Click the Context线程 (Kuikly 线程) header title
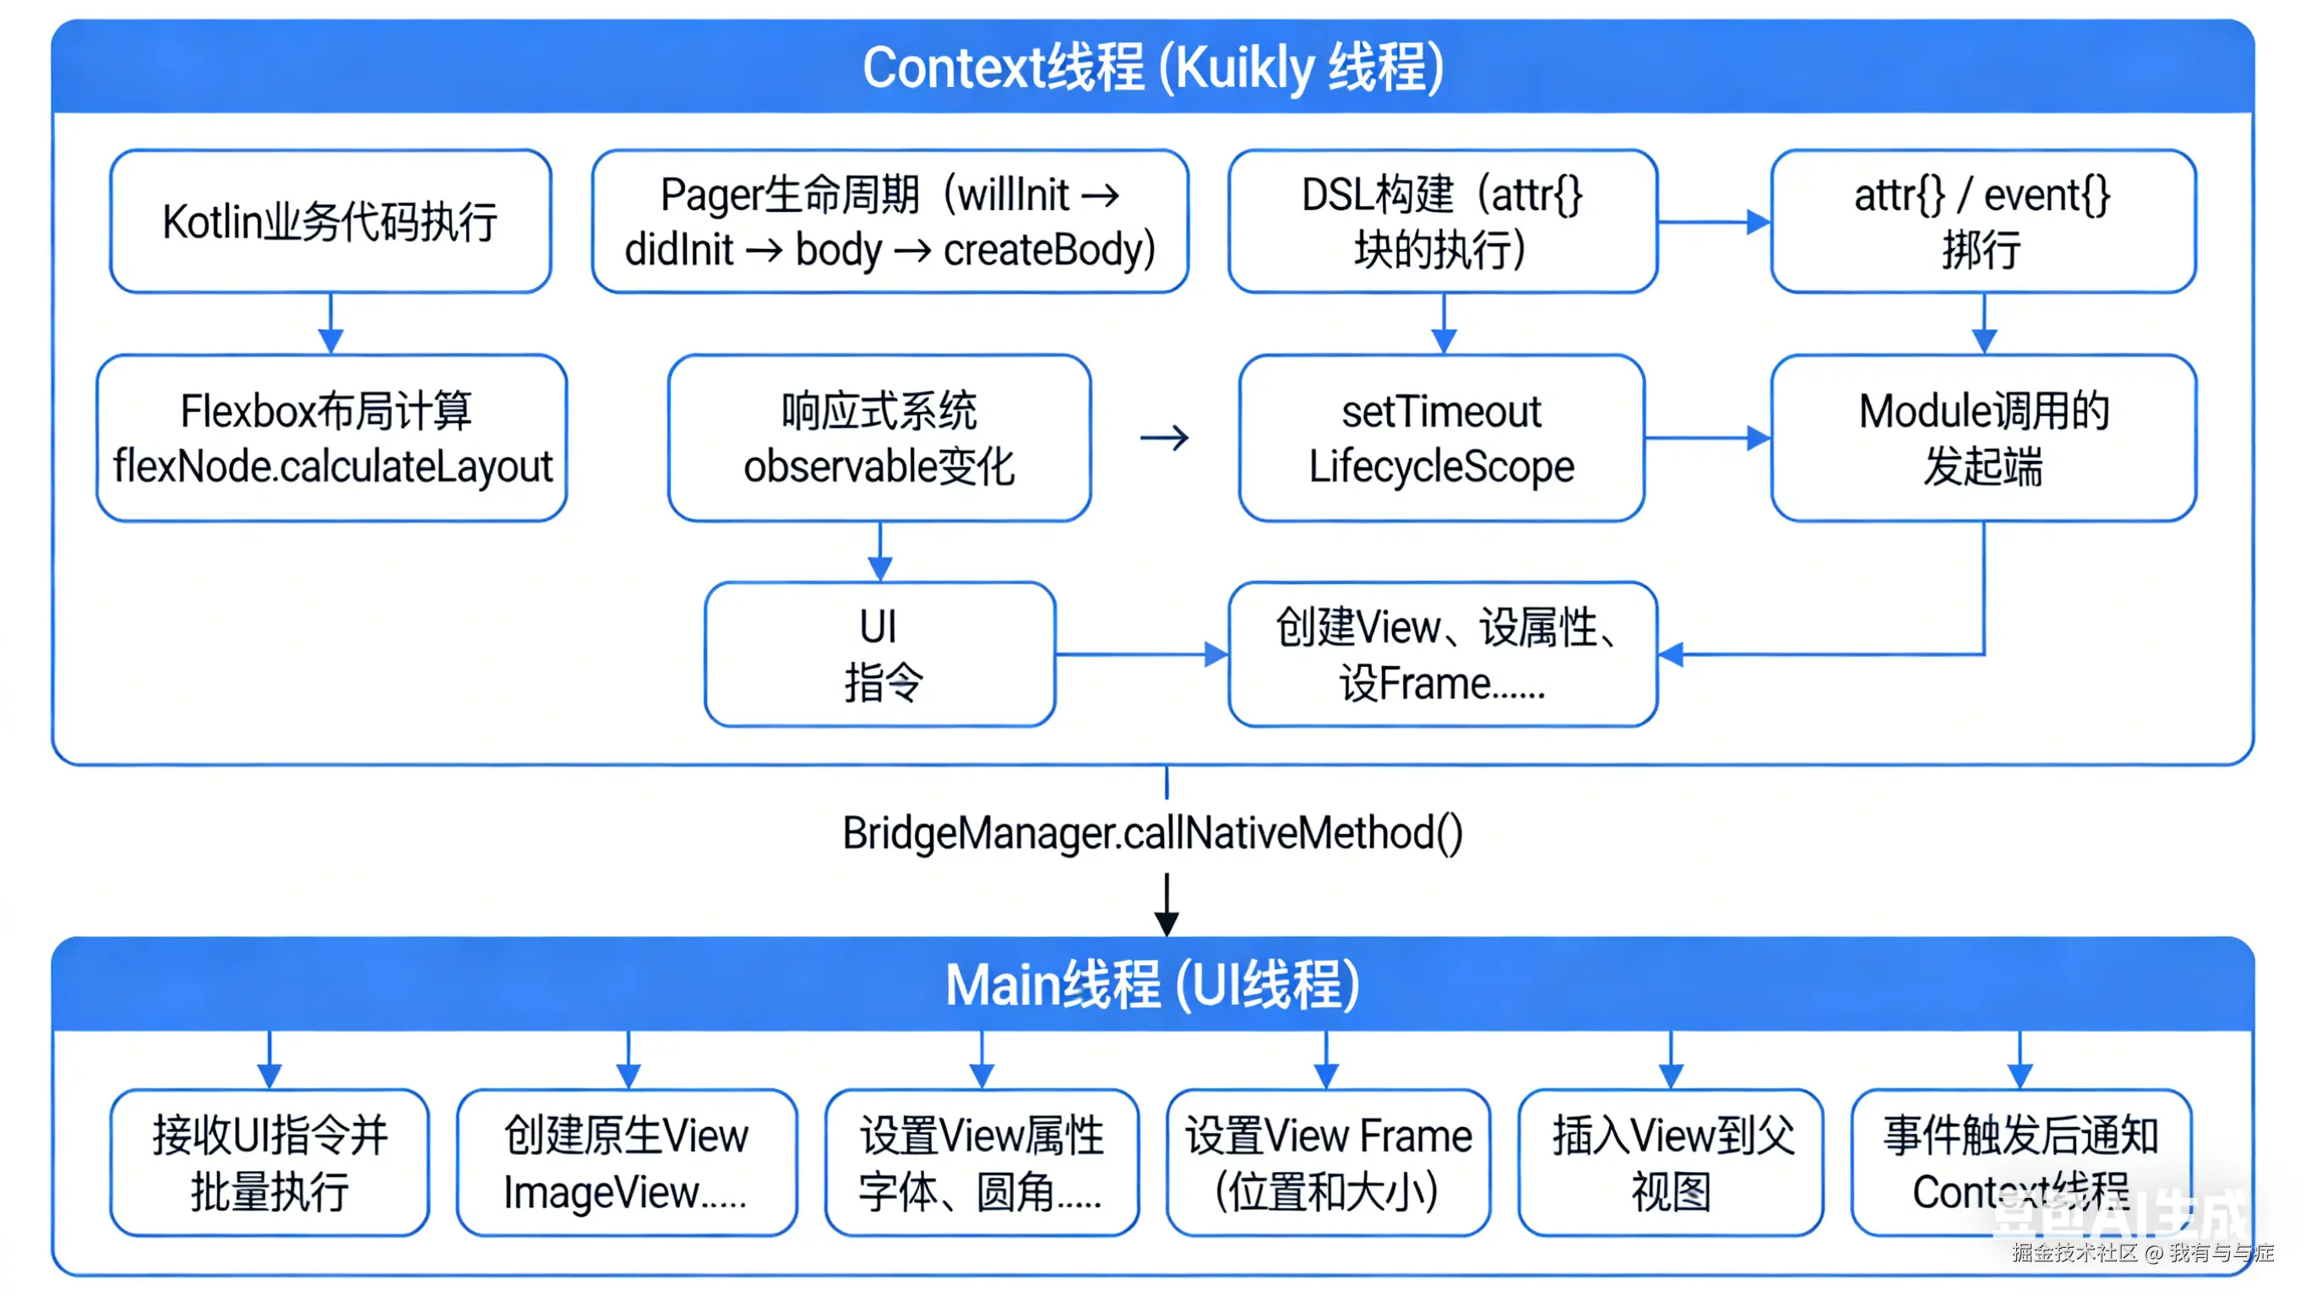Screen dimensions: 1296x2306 pyautogui.click(x=1152, y=68)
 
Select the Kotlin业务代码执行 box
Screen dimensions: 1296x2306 pyautogui.click(x=330, y=221)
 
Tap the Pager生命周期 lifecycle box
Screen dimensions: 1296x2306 pyautogui.click(x=889, y=221)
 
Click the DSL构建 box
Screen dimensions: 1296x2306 pyautogui.click(x=1442, y=221)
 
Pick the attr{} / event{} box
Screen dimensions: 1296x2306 pyautogui.click(x=1982, y=221)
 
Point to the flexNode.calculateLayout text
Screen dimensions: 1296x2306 pyautogui.click(x=332, y=466)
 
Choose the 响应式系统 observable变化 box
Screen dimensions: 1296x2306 pyautogui.click(x=879, y=437)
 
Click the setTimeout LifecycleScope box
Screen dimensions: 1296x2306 pyautogui.click(x=1441, y=437)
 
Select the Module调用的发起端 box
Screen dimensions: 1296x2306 pyautogui.click(x=1982, y=437)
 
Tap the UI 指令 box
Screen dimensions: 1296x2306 pyautogui.click(x=879, y=654)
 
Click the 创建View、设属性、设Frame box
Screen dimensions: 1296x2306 pyautogui.click(x=1442, y=654)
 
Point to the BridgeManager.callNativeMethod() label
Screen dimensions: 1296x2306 pyautogui.click(x=1152, y=832)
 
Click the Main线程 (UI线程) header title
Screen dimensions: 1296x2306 pyautogui.click(x=1152, y=984)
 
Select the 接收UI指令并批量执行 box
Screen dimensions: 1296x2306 pyautogui.click(x=269, y=1163)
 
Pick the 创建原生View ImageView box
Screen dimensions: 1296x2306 pyautogui.click(x=627, y=1163)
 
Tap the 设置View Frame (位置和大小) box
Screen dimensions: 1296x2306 pyautogui.click(x=1328, y=1163)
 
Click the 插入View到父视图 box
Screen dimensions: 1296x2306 pyautogui.click(x=1671, y=1163)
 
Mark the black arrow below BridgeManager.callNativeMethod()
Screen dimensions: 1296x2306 pyautogui.click(x=1166, y=906)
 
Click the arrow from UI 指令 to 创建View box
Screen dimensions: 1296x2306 pyautogui.click(x=1141, y=654)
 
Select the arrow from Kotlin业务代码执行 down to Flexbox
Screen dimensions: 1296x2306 pyautogui.click(x=330, y=324)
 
